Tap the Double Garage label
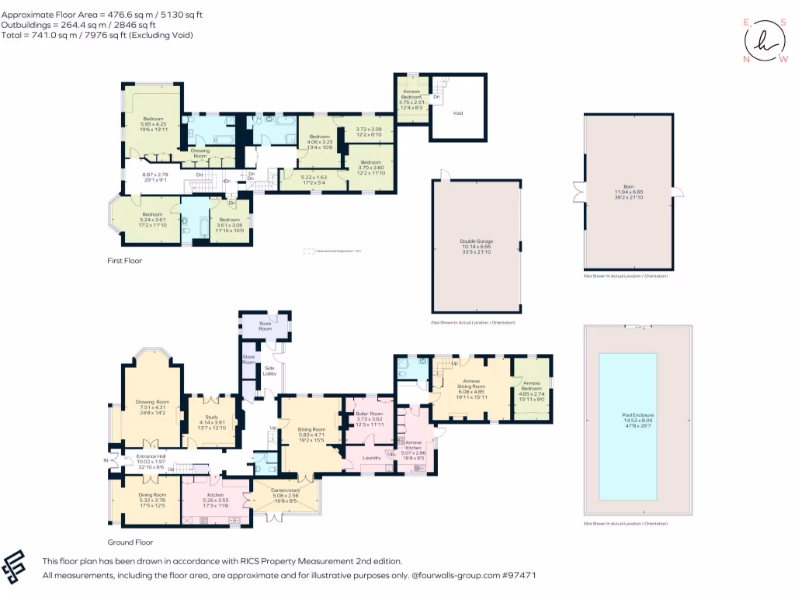[477, 241]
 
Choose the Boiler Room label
[370, 414]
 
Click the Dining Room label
[152, 494]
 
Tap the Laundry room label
[371, 458]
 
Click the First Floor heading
[124, 261]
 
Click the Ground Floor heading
[130, 542]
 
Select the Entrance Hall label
[151, 456]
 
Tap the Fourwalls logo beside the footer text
[19, 567]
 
